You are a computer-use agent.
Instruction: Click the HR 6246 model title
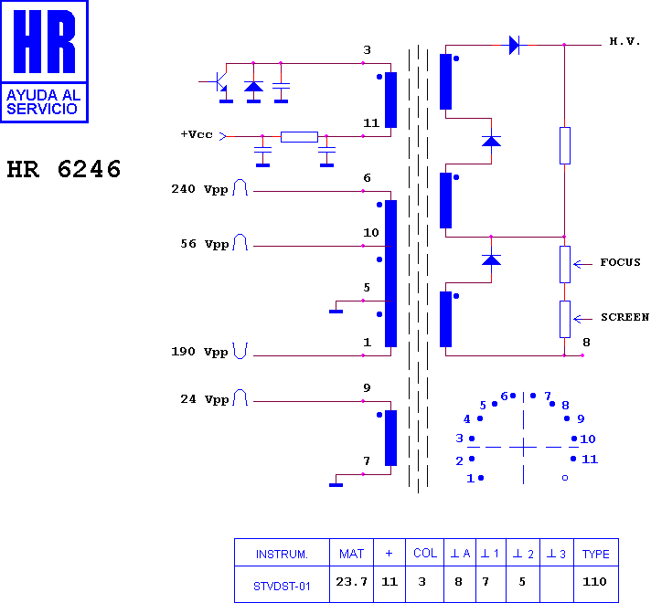tap(63, 169)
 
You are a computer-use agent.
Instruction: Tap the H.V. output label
tap(624, 41)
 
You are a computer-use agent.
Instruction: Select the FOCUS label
tap(620, 262)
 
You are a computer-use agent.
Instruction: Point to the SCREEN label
tap(624, 317)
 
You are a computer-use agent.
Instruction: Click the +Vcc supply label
tap(197, 134)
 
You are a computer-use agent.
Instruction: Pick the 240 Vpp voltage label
tap(199, 189)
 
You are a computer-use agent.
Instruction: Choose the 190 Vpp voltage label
tap(199, 352)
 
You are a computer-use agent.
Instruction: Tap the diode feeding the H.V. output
tap(514, 45)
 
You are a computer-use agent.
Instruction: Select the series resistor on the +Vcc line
tap(299, 136)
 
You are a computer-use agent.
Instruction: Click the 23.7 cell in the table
tap(352, 582)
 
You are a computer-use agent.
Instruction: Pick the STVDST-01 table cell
tap(282, 586)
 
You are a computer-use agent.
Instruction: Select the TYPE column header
tap(596, 554)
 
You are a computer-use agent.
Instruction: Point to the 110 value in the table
tap(594, 581)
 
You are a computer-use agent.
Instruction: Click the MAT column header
tap(351, 554)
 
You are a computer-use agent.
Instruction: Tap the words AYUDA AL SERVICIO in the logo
tap(43, 102)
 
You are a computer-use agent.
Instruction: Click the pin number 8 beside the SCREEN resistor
tap(586, 343)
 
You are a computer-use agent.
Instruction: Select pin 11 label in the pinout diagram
tap(590, 459)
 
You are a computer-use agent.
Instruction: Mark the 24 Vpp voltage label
tap(204, 399)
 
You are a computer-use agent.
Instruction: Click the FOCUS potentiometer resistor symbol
tap(565, 264)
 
